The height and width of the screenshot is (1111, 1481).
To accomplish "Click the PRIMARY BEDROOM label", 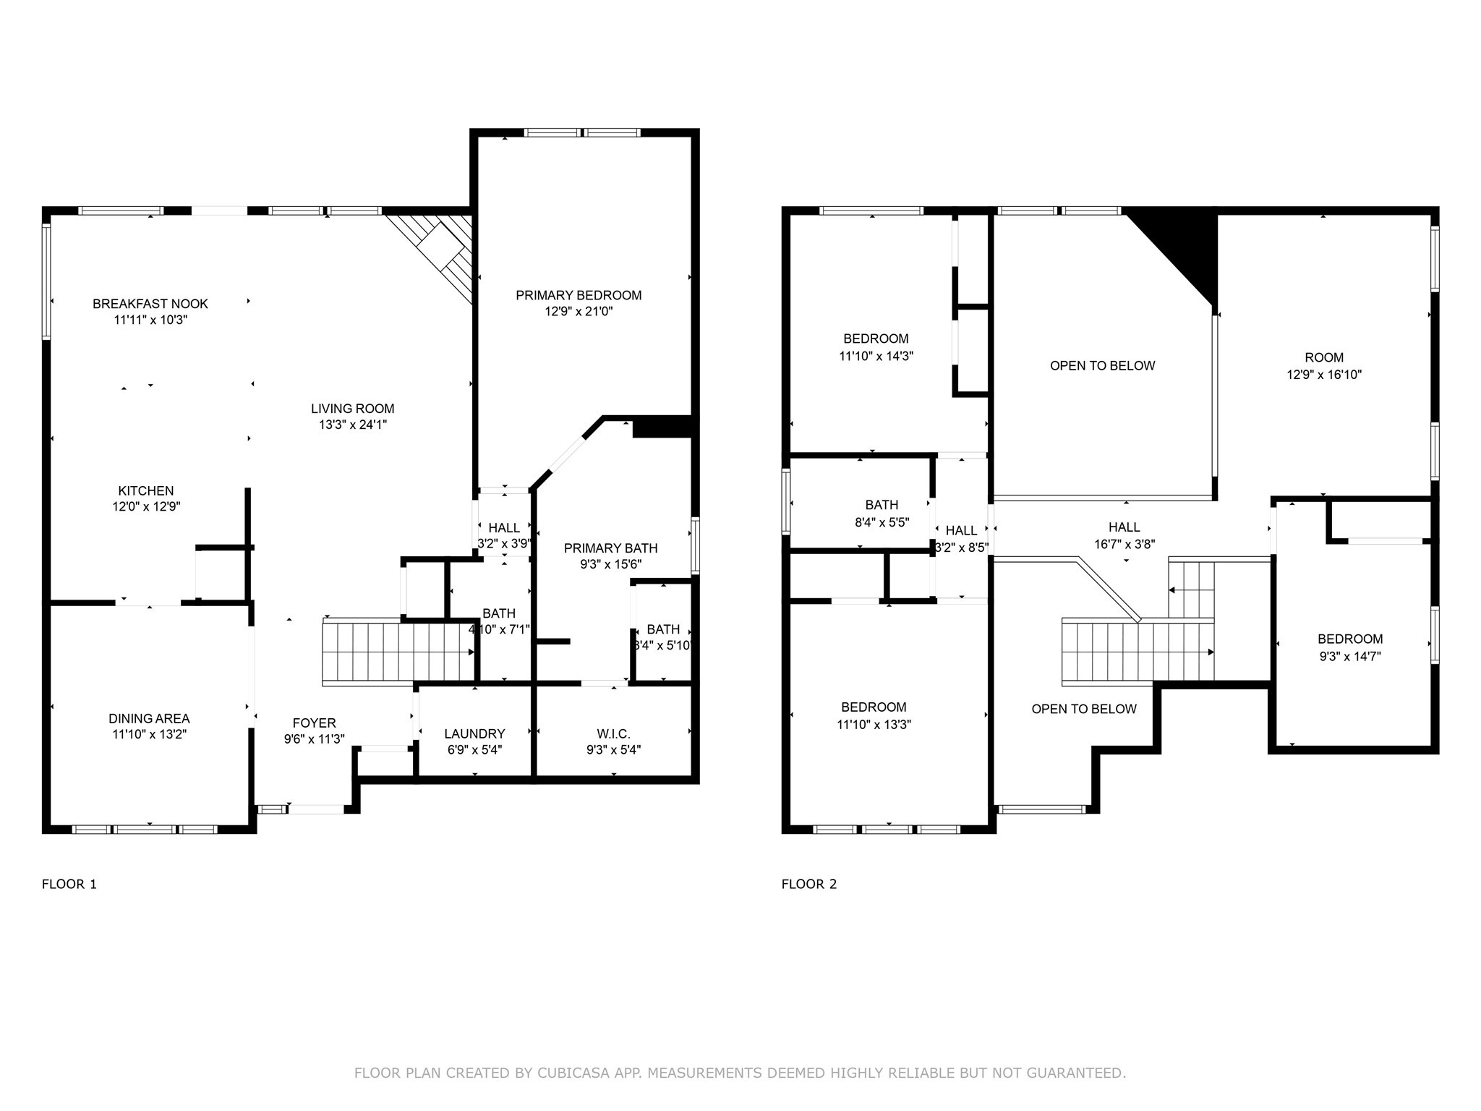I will click(x=579, y=295).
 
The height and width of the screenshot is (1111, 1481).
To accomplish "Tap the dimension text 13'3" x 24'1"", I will click(x=353, y=425).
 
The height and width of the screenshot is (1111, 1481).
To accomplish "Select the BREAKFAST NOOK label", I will click(x=150, y=304).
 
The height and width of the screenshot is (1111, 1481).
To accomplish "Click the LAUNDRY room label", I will click(x=474, y=733).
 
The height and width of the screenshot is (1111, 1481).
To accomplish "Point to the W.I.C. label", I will click(x=613, y=733).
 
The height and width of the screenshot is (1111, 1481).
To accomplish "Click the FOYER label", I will click(x=314, y=723).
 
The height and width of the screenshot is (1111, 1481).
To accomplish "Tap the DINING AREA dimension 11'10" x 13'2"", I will click(x=149, y=735).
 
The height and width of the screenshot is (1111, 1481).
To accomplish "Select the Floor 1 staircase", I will click(x=398, y=651).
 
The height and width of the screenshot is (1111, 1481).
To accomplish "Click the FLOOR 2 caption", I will click(x=808, y=884).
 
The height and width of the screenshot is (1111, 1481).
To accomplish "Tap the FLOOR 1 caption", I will click(x=69, y=884).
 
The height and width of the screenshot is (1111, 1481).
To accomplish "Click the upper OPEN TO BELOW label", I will click(x=1102, y=366).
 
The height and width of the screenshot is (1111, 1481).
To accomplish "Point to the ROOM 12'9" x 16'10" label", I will click(x=1324, y=357).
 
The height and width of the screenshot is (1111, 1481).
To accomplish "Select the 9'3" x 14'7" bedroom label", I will click(x=1350, y=657).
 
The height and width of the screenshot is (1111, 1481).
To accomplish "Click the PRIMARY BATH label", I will click(x=610, y=548).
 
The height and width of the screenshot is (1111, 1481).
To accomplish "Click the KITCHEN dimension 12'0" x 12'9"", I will click(x=146, y=507).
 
